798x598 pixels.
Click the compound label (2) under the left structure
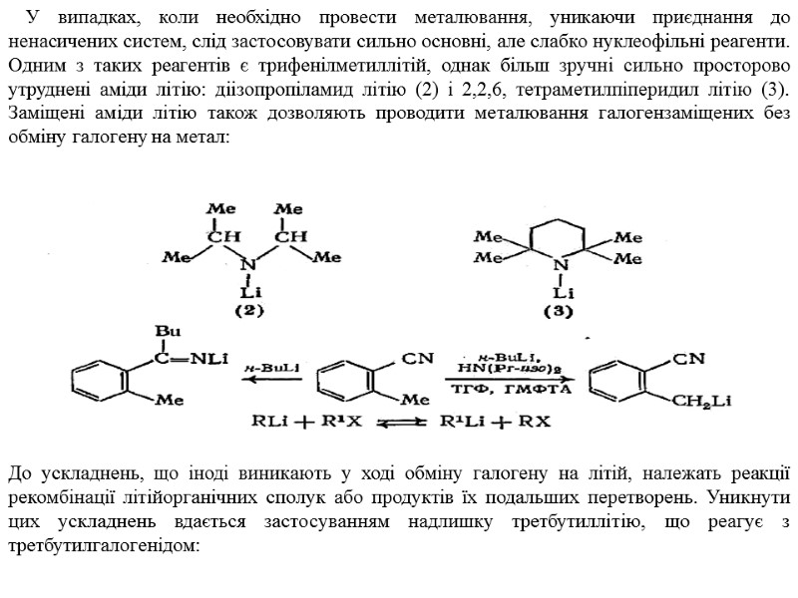[248, 310]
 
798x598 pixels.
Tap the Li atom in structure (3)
[562, 293]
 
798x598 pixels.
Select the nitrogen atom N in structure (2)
[248, 266]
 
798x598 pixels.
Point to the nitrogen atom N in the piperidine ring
[562, 265]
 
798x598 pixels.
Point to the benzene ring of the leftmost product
[99, 380]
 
